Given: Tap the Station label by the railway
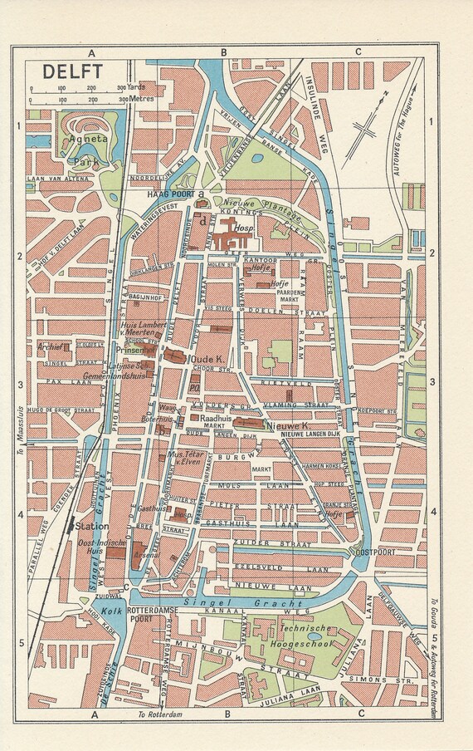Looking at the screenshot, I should pyautogui.click(x=87, y=526).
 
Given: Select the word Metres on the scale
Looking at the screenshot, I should pyautogui.click(x=142, y=100).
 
